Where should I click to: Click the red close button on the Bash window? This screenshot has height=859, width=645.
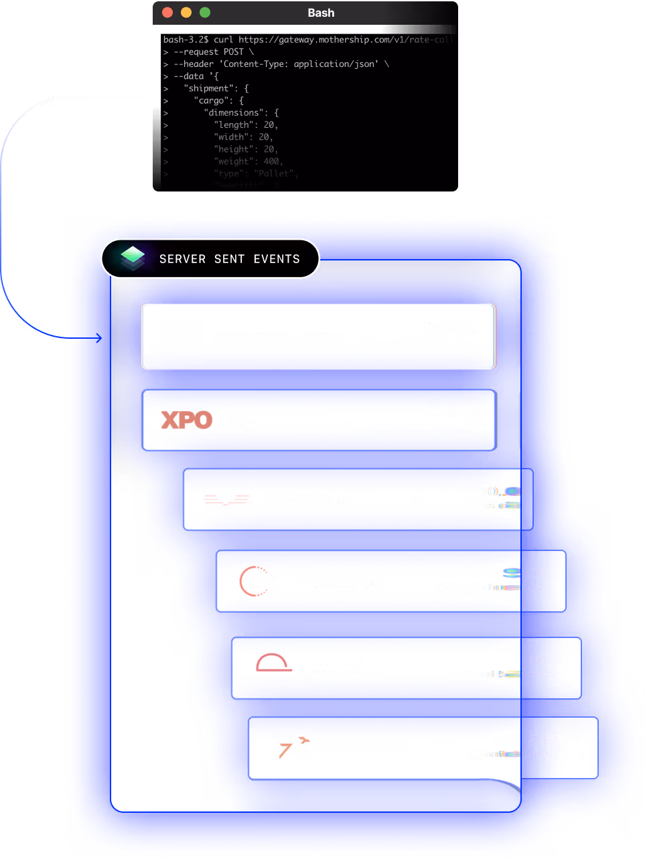167,13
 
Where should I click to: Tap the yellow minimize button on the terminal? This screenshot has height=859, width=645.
186,13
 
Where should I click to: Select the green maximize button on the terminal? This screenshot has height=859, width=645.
205,13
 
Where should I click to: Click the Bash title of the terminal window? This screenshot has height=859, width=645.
321,13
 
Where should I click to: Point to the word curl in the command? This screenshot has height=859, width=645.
223,40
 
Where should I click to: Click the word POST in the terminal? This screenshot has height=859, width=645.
234,52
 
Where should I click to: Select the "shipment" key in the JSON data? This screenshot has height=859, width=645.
207,88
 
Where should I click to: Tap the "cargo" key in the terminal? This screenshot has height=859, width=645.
214,100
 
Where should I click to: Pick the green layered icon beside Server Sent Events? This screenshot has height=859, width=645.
133,258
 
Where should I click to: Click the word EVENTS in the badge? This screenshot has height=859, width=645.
277,259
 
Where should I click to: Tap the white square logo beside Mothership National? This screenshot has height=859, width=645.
181,336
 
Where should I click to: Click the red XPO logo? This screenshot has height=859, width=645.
186,420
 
